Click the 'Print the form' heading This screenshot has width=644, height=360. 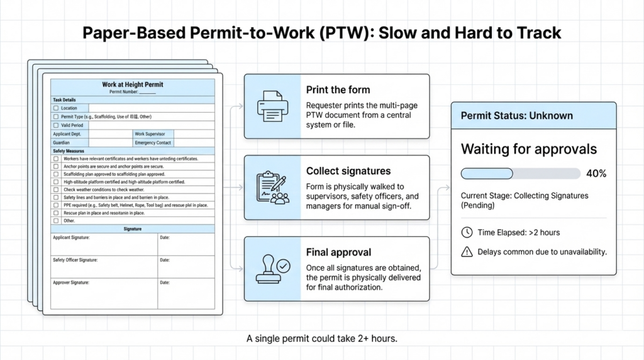(x=338, y=90)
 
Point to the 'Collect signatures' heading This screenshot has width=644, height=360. (x=348, y=171)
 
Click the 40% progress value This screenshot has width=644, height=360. (x=596, y=174)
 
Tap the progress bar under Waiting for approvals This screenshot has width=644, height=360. (x=521, y=174)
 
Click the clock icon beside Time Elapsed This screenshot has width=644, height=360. (x=467, y=232)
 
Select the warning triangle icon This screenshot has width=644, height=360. (x=467, y=252)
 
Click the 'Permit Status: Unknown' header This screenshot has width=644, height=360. (x=517, y=116)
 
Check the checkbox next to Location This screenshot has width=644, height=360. (x=56, y=108)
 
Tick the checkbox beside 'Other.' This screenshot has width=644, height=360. (x=56, y=221)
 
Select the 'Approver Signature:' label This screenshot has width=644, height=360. (x=71, y=283)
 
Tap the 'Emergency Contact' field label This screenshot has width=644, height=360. (x=153, y=143)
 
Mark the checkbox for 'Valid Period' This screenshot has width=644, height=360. (x=56, y=125)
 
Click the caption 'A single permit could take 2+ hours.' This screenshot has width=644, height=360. (x=321, y=339)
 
